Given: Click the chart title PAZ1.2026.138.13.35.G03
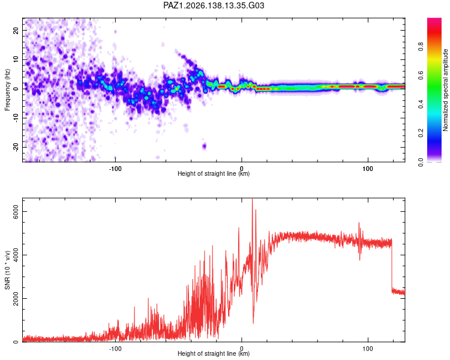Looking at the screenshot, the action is click(214, 5).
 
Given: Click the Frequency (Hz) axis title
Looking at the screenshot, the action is click(7, 90).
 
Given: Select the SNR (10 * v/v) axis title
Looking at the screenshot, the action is click(7, 270).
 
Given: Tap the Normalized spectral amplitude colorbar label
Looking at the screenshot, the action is click(445, 90).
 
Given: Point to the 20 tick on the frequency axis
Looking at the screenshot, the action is click(16, 30).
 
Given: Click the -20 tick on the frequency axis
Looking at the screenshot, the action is click(16, 147).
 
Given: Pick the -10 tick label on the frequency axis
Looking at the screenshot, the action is click(16, 118).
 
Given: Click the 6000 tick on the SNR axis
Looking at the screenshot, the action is click(16, 212).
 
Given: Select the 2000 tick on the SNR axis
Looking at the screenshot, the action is click(16, 299).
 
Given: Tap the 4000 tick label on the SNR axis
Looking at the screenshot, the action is click(16, 255).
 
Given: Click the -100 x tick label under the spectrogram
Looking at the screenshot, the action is click(115, 169).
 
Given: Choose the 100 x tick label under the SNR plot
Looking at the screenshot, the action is click(368, 349).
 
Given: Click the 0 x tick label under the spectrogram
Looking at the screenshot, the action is click(242, 169).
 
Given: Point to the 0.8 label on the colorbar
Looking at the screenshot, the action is click(421, 46).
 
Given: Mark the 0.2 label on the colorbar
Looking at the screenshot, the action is click(421, 133).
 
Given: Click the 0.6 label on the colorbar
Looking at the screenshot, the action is click(421, 75).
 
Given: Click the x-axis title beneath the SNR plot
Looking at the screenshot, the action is click(214, 353).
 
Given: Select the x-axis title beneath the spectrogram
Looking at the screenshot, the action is click(214, 173).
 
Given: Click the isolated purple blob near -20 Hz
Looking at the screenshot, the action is click(205, 146).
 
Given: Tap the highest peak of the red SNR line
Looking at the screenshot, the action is click(252, 199).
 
